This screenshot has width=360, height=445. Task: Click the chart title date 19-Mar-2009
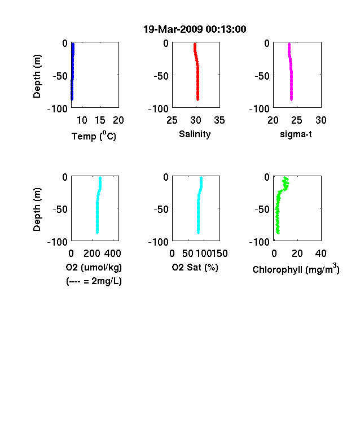coord(173,29)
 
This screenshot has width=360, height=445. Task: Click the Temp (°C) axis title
coord(94,136)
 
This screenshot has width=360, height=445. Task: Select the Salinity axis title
coord(195,134)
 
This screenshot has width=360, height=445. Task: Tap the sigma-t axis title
coord(296,134)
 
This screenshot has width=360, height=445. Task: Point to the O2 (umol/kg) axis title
coord(94,267)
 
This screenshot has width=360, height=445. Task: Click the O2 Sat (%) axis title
coord(195,267)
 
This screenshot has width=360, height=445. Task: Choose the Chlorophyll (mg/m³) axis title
coord(296,269)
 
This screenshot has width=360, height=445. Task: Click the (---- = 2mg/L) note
coord(94,281)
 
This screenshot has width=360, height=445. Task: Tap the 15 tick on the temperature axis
coord(100,120)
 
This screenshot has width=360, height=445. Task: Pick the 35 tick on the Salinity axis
coord(219,120)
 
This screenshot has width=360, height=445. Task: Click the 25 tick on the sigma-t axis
coord(297,120)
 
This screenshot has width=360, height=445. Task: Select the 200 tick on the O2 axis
coord(91,254)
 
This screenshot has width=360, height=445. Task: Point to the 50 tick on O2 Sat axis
coord(188,254)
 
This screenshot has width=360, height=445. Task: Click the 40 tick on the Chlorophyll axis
coord(321,254)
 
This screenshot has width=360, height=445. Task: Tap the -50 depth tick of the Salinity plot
coord(161,76)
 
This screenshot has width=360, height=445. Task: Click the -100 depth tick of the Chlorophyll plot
coord(260,242)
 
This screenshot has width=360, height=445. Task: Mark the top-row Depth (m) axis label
coord(37,76)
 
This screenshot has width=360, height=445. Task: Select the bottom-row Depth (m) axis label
coord(37,210)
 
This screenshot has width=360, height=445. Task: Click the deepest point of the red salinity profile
coord(198,99)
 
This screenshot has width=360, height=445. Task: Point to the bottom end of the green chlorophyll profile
coord(278,233)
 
